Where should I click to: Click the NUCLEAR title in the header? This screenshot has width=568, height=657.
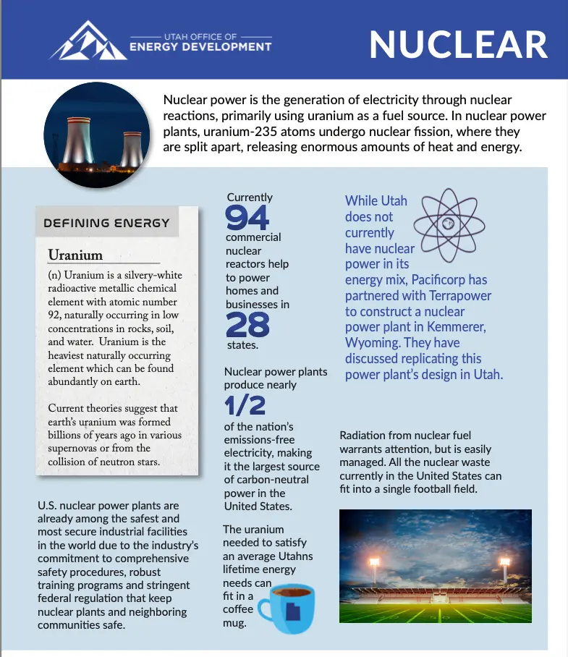pos(458,44)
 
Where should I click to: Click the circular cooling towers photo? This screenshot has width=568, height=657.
pos(97,135)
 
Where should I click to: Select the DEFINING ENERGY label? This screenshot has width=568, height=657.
pos(106,223)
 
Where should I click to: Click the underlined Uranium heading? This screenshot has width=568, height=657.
pos(75,255)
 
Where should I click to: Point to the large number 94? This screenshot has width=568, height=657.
pos(247,217)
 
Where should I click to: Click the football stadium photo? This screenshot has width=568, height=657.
pos(435,565)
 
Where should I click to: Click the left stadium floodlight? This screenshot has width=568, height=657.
pos(373,561)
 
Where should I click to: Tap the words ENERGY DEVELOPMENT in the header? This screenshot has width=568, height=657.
pos(200,47)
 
